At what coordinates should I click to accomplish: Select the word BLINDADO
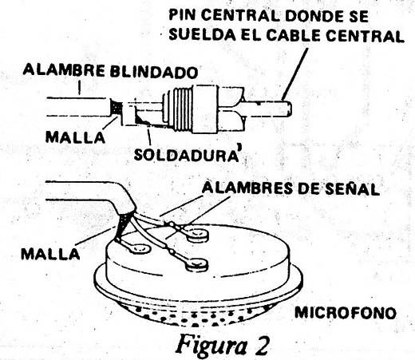point(154,72)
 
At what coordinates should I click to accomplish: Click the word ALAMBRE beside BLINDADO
point(64,70)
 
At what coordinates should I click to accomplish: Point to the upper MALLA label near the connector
point(75,137)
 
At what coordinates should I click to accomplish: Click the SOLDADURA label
point(185,155)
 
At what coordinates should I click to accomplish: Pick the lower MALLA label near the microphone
point(50,254)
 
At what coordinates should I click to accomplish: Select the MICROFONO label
point(346,313)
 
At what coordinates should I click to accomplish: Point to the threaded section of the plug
point(180,109)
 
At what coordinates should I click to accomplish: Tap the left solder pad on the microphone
point(138,249)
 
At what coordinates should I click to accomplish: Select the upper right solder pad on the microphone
point(197,235)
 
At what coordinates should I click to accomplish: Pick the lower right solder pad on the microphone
point(197,265)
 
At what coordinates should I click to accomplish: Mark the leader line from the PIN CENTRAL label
point(295,74)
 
